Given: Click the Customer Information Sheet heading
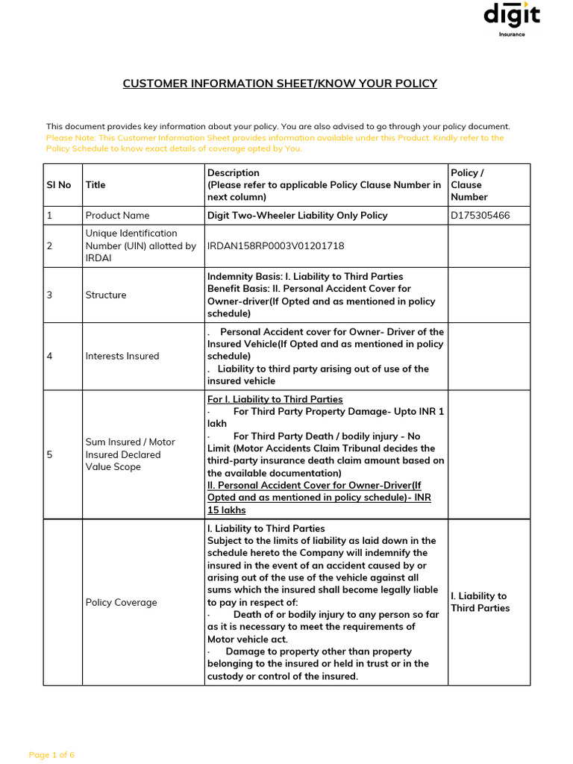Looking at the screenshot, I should point(280,84).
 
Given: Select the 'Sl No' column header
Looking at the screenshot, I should point(59,185).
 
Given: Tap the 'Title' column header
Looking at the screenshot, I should point(95,185).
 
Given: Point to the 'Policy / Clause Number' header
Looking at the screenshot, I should point(469,185).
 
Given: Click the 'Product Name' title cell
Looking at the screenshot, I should point(117,216).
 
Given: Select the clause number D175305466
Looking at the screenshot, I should point(480,216).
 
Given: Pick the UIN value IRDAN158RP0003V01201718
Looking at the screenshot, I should point(275,246).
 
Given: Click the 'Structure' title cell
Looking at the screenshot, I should point(106,295).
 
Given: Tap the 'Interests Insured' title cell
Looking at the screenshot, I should point(122,356).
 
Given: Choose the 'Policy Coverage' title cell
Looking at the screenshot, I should point(121,602).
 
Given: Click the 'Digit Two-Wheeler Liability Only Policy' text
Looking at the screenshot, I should point(297,216).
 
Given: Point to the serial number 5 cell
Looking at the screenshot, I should point(49,454).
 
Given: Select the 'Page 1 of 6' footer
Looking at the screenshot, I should point(51,755).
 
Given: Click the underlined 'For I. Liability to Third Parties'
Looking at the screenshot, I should point(275,399).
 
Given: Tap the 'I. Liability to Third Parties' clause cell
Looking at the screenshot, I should point(480,602).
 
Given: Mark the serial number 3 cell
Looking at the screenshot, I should point(49,295).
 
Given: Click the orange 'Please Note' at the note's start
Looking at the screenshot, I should point(70,138).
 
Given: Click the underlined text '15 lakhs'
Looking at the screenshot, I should point(226,510).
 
